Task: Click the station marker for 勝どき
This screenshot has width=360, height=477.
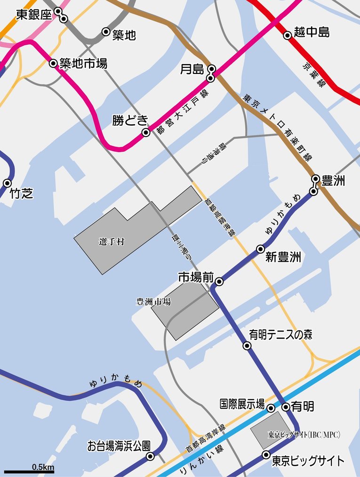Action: pyautogui.click(x=146, y=133)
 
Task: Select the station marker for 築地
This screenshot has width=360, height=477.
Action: pyautogui.click(x=106, y=32)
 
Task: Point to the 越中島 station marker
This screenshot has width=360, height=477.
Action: pyautogui.click(x=287, y=35)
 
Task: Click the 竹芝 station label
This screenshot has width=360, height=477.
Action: pyautogui.click(x=21, y=193)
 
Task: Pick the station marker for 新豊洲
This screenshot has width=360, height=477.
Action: pyautogui.click(x=260, y=249)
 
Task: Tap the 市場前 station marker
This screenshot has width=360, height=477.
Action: pyautogui.click(x=219, y=282)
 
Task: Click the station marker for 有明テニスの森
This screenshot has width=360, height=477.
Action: pyautogui.click(x=247, y=346)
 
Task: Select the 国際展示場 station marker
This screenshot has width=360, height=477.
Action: pyautogui.click(x=271, y=408)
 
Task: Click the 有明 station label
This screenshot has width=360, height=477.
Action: pyautogui.click(x=303, y=406)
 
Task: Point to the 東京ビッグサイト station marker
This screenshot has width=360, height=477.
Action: pyautogui.click(x=266, y=455)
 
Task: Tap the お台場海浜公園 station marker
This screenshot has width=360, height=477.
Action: pyautogui.click(x=150, y=456)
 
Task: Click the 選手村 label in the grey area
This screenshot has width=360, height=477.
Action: pyautogui.click(x=112, y=242)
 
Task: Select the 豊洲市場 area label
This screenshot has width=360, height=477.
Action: pyautogui.click(x=153, y=302)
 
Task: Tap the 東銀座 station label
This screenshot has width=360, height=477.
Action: pyautogui.click(x=33, y=15)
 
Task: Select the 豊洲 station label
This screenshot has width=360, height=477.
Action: pyautogui.click(x=333, y=180)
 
